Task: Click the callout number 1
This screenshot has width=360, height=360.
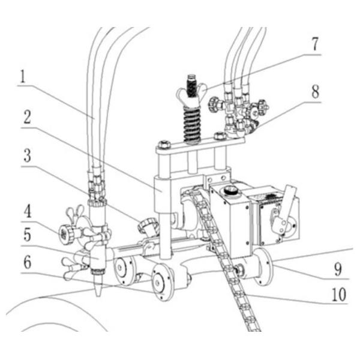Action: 23,77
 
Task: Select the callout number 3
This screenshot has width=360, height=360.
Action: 28,155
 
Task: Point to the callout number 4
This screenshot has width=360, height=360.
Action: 28,211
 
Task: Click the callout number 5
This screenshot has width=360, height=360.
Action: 28,235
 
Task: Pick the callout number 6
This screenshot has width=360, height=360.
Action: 28,262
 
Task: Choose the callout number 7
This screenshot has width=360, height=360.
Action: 315,44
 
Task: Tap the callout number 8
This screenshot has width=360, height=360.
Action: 316,91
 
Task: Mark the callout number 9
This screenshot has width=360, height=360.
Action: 338,269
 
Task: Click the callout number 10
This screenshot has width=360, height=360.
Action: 339,295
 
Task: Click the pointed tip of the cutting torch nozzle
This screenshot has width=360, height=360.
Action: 98,296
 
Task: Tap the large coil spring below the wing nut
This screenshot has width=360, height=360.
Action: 192,124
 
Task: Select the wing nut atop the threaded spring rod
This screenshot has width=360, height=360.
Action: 191,91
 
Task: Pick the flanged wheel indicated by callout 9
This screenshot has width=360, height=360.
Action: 264,267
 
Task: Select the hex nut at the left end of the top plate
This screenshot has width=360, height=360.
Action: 163,145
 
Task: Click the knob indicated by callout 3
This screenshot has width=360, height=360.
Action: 148,225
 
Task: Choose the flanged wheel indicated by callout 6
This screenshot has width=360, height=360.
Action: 163,282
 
